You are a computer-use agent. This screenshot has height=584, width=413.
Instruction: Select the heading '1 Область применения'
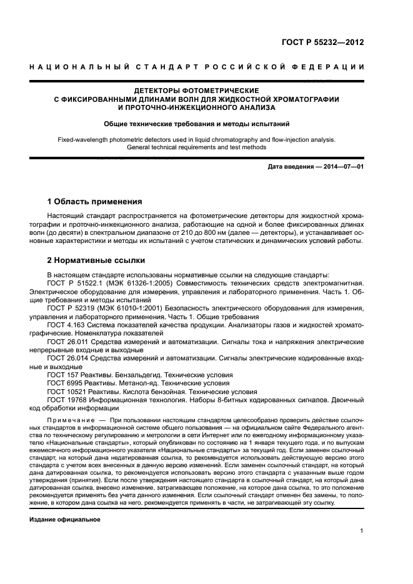(x=95, y=202)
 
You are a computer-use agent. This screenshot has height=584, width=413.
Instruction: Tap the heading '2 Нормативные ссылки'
(x=96, y=259)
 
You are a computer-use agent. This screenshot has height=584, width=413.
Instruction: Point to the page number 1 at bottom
(x=362, y=531)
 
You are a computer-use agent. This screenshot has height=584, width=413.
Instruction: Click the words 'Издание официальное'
(x=65, y=520)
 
